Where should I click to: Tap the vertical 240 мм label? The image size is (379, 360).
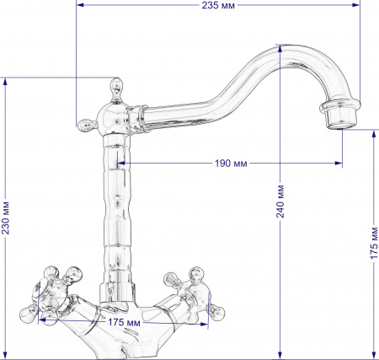[x=280, y=201]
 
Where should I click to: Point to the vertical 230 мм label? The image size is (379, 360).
[x=6, y=218]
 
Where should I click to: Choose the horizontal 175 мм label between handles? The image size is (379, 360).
[x=124, y=322]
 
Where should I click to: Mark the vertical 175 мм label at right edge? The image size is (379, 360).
[x=371, y=244]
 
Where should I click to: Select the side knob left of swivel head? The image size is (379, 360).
[x=84, y=126]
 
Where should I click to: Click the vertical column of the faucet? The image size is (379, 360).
[x=115, y=211]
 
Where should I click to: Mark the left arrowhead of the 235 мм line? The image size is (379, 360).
[x=78, y=6]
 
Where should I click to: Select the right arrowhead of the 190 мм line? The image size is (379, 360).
[x=341, y=163]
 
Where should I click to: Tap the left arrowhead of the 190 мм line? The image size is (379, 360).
[x=118, y=163]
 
